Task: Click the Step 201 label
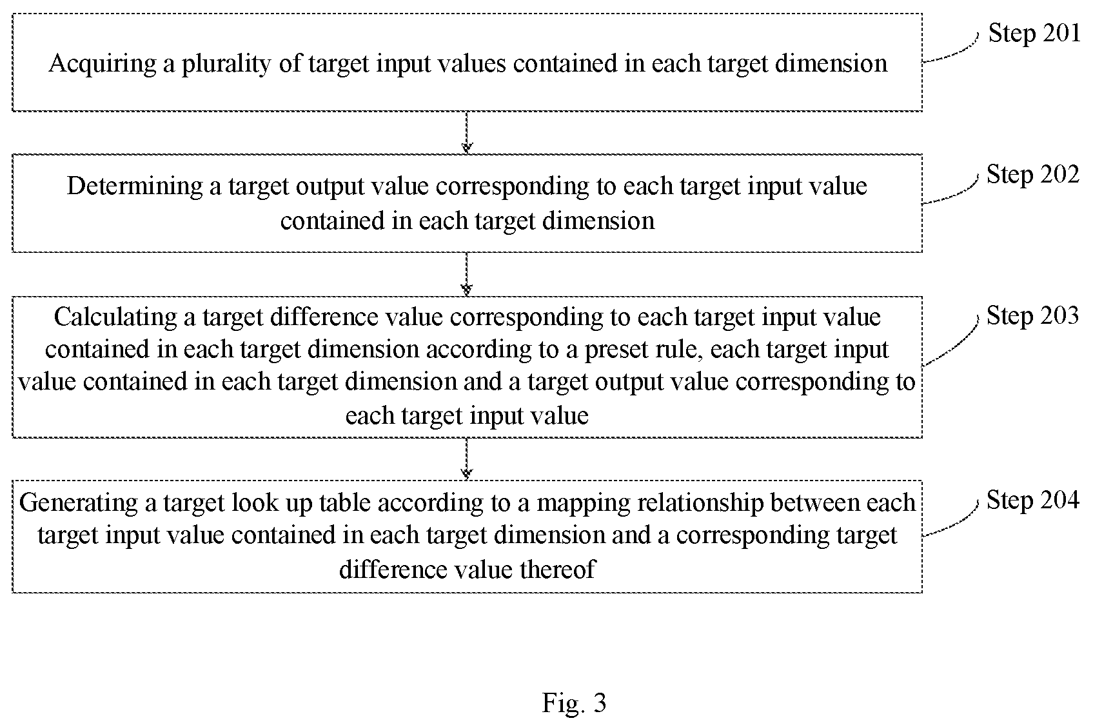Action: (1034, 33)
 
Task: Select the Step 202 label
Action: (1032, 174)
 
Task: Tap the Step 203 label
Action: (1032, 315)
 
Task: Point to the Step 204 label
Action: (1032, 500)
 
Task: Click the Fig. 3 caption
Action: (574, 702)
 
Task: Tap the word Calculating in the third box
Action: (115, 317)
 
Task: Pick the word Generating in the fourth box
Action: (79, 503)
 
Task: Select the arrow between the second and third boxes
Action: (467, 274)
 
